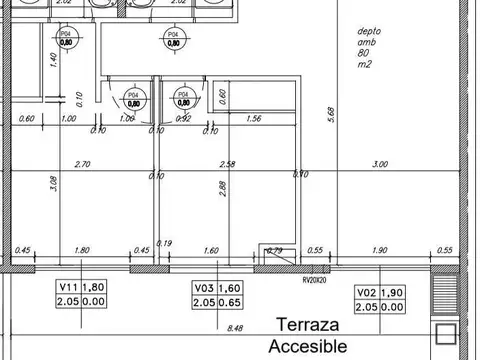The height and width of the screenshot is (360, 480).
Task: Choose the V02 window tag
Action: click(x=367, y=293)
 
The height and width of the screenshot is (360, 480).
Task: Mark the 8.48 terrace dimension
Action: click(x=235, y=326)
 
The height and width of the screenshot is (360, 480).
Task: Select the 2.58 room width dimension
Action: click(x=228, y=164)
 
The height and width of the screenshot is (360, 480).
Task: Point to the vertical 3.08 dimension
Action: click(x=53, y=185)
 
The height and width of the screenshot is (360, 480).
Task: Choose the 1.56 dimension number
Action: click(x=253, y=119)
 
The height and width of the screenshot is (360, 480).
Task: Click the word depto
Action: click(x=370, y=30)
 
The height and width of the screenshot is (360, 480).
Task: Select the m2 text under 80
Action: click(x=365, y=66)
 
